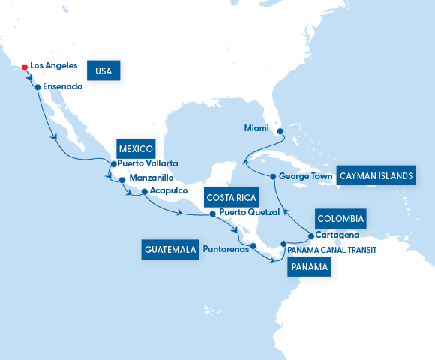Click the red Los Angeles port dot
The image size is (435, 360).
(x=25, y=66)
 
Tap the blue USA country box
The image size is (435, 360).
(x=104, y=70)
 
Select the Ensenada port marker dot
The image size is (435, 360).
(x=37, y=87)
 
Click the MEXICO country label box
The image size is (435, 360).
(x=135, y=148)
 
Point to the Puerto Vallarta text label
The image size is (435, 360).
(x=148, y=164)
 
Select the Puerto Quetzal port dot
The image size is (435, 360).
(x=212, y=213)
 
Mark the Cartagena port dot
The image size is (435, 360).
(x=310, y=236)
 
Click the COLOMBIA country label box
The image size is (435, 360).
(x=340, y=219)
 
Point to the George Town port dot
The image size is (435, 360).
(x=272, y=177)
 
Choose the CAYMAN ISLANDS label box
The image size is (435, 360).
(x=376, y=175)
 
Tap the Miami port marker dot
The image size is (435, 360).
(x=280, y=131)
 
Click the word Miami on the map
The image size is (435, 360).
(x=256, y=128)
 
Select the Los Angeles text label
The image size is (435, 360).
(x=53, y=66)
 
